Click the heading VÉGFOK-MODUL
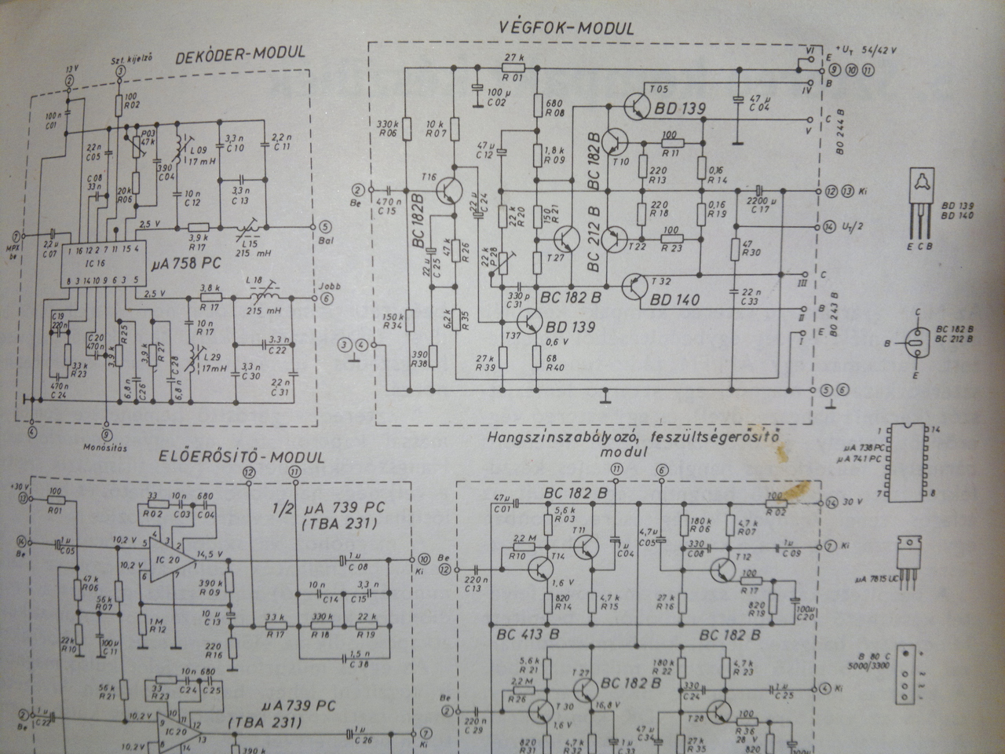[x=565, y=27]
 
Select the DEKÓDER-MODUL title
[x=239, y=55]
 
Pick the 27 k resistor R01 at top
[x=514, y=68]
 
